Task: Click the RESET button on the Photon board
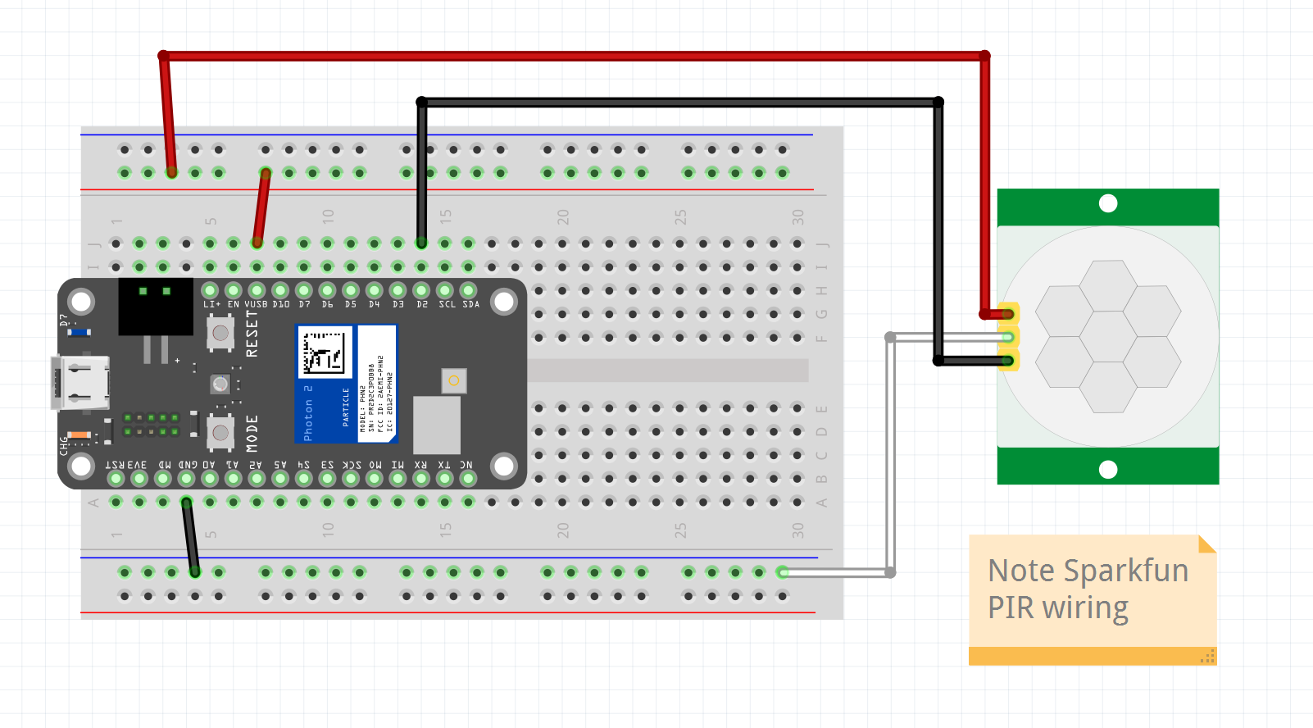point(220,333)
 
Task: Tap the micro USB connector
point(80,383)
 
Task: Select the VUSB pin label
point(256,304)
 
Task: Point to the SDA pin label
point(470,304)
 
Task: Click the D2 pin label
point(422,304)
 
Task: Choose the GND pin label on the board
point(188,465)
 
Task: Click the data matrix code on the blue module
point(324,353)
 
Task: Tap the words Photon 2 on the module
point(308,413)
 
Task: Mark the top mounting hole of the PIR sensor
point(1108,203)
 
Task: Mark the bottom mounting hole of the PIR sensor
point(1108,470)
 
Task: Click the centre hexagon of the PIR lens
point(1108,337)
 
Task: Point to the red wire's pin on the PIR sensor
point(1008,314)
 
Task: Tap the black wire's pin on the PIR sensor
point(1008,361)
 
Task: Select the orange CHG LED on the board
point(79,435)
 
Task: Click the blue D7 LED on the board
point(79,333)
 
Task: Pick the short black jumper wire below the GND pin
point(190,537)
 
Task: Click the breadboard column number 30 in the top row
point(797,217)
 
